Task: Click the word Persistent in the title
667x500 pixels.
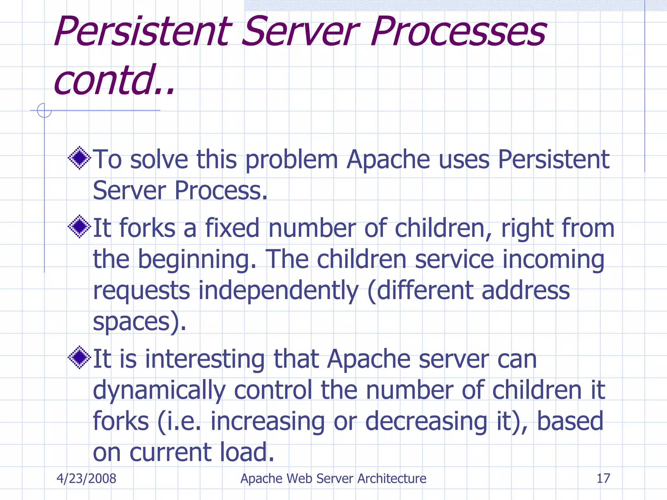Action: point(143,32)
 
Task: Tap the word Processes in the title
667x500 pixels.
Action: point(459,32)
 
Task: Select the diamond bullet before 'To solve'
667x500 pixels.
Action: point(79,158)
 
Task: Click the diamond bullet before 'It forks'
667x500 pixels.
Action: point(79,227)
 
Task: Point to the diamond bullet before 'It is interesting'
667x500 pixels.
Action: point(79,357)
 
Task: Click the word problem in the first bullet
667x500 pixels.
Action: point(291,160)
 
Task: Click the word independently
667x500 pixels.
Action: point(278,291)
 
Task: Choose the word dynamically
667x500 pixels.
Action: point(159,390)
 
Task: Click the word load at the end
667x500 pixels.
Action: point(247,452)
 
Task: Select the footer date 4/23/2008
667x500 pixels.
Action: point(86,479)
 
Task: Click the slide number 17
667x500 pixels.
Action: point(603,479)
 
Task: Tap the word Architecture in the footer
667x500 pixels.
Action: point(392,479)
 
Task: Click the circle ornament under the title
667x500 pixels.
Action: point(44,110)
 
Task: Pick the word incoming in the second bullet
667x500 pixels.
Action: point(553,259)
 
